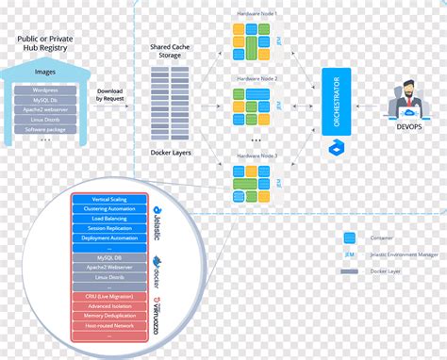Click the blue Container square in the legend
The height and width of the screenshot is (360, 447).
point(350,237)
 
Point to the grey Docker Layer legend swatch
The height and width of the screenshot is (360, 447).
point(350,271)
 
